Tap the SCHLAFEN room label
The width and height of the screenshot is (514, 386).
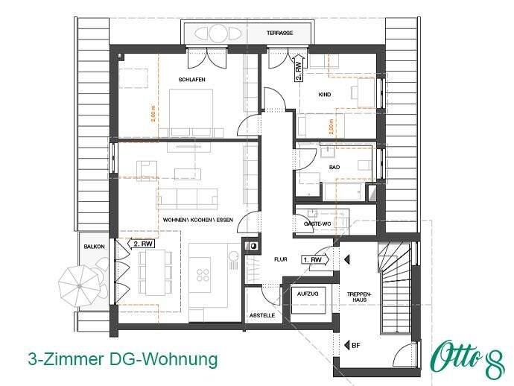(x=191, y=79)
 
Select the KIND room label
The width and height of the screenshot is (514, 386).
(x=324, y=95)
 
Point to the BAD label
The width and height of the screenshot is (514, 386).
(x=334, y=168)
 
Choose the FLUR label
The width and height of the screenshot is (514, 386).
(x=280, y=261)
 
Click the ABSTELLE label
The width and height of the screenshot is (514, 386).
(x=261, y=315)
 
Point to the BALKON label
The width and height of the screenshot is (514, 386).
(x=94, y=246)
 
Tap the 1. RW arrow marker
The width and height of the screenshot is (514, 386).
(x=314, y=260)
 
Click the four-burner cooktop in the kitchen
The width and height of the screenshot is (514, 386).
(x=203, y=274)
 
